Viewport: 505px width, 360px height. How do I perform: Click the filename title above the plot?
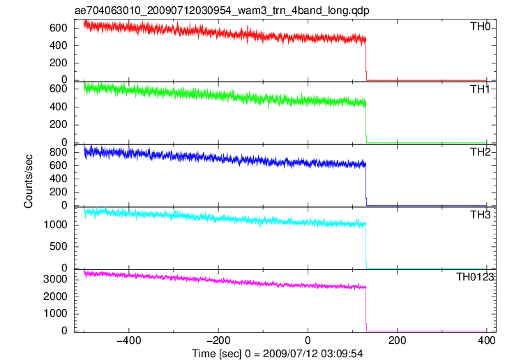pyautogui.click(x=222, y=10)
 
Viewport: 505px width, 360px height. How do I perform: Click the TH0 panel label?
pyautogui.click(x=480, y=27)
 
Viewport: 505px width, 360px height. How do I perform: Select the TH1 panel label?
pyautogui.click(x=480, y=89)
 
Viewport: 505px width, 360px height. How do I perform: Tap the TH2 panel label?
pyautogui.click(x=480, y=152)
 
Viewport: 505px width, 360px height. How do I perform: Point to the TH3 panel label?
pyautogui.click(x=480, y=215)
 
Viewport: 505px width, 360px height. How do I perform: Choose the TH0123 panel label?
pyautogui.click(x=475, y=277)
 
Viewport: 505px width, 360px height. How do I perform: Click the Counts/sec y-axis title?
pyautogui.click(x=29, y=181)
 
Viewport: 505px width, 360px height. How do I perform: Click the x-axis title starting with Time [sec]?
pyautogui.click(x=278, y=354)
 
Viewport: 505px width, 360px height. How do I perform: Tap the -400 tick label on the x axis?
pyautogui.click(x=129, y=340)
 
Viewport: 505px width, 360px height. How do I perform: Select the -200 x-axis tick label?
pyautogui.click(x=218, y=340)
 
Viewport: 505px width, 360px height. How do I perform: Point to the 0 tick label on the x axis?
pyautogui.click(x=308, y=340)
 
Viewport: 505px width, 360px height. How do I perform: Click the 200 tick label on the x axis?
pyautogui.click(x=398, y=340)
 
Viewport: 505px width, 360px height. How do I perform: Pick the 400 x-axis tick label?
pyautogui.click(x=487, y=340)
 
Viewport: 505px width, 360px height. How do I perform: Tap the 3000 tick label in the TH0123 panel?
pyautogui.click(x=55, y=279)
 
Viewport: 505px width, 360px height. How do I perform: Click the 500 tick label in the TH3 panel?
pyautogui.click(x=59, y=246)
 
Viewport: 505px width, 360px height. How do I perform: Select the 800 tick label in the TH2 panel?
pyautogui.click(x=59, y=152)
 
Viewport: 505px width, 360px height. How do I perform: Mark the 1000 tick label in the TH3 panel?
pyautogui.click(x=55, y=225)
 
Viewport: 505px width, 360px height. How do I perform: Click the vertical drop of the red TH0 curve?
pyautogui.click(x=366, y=59)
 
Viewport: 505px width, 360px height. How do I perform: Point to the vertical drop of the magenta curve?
pyautogui.click(x=366, y=309)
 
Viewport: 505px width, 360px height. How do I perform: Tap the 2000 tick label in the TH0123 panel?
pyautogui.click(x=55, y=297)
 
